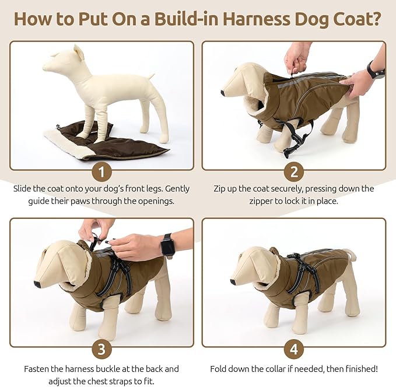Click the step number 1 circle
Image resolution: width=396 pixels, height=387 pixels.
point(102,172)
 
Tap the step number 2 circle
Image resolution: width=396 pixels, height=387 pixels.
point(294,172)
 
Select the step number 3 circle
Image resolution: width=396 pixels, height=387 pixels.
point(102,350)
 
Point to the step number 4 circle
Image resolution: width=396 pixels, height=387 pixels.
point(294,350)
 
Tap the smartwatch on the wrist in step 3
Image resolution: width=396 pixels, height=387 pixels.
point(167,246)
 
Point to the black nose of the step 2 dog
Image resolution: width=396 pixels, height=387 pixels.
point(223,93)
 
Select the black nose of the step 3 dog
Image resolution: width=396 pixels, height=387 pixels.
point(37,284)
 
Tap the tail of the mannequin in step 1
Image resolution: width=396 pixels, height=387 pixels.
point(151,75)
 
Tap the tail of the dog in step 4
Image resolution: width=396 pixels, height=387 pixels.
point(350,254)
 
